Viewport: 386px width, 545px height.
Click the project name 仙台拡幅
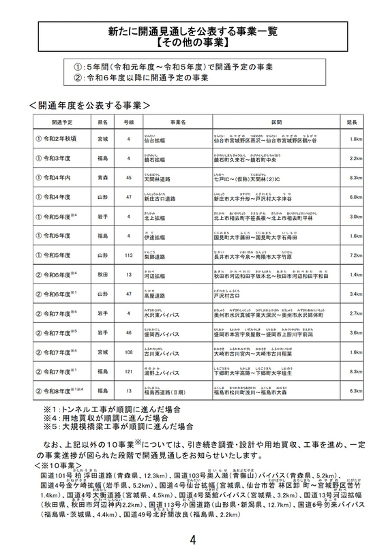click(154, 140)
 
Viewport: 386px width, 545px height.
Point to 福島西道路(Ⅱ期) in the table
click(164, 392)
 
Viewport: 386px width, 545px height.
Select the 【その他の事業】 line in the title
click(193, 42)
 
